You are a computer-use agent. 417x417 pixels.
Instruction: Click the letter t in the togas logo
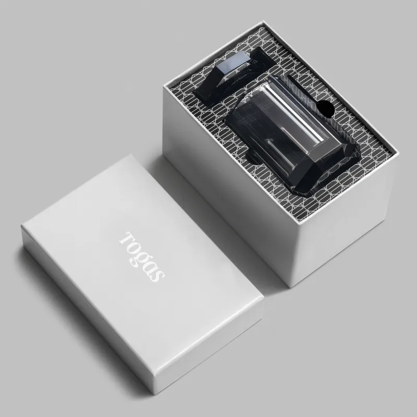pyautogui.click(x=126, y=238)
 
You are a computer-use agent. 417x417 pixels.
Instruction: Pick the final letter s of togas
pyautogui.click(x=157, y=276)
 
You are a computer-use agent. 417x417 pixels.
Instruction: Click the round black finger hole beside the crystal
pyautogui.click(x=326, y=109)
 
